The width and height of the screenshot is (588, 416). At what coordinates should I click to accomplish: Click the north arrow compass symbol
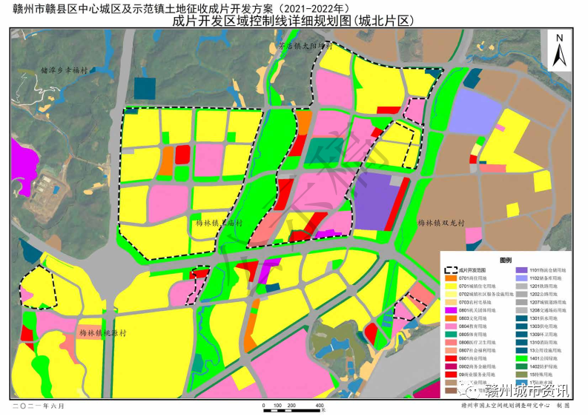[561, 50]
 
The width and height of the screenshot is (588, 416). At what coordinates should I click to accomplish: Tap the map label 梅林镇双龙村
[440, 222]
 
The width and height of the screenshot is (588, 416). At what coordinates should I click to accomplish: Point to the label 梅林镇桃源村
[103, 333]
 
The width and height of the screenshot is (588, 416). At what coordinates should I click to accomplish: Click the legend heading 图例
[506, 260]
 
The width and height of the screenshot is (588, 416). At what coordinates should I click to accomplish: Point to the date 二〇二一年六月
[37, 406]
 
